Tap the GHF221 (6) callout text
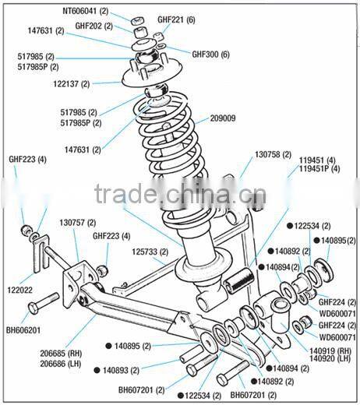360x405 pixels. tap(176, 19)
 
